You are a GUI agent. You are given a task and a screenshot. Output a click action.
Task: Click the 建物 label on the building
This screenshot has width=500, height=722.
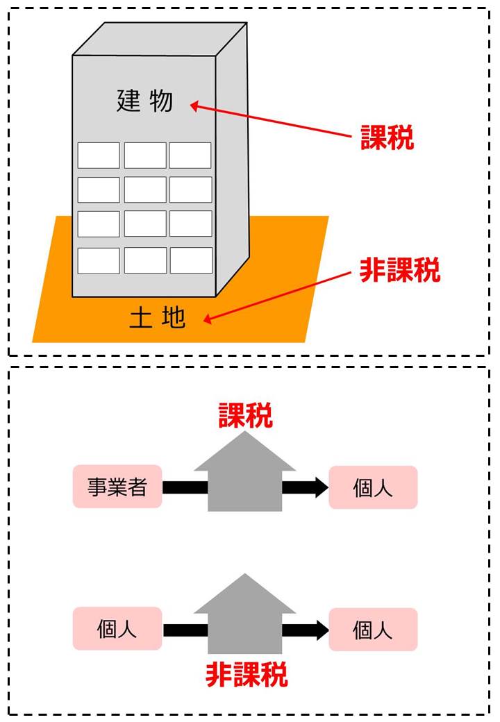click(144, 102)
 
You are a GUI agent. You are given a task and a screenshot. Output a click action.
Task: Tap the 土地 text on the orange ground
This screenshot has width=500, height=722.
click(158, 318)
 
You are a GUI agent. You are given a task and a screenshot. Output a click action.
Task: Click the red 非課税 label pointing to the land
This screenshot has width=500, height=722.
click(399, 271)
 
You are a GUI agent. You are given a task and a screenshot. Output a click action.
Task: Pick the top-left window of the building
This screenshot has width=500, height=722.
click(99, 156)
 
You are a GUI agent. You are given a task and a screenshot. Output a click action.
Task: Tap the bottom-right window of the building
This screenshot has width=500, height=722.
click(191, 260)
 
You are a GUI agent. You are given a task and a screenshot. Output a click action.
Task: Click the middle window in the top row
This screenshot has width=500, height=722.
click(145, 156)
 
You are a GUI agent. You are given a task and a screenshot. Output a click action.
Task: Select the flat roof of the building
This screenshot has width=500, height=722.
click(160, 39)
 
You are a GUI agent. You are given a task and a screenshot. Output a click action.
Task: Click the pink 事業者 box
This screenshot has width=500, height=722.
click(117, 487)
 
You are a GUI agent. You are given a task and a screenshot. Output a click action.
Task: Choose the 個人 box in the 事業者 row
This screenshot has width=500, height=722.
click(373, 487)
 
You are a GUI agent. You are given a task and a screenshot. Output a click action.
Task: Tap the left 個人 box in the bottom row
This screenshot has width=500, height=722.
click(117, 629)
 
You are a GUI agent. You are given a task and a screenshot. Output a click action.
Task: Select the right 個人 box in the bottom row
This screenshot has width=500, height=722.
click(373, 630)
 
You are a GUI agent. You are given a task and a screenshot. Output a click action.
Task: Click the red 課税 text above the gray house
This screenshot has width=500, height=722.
click(245, 416)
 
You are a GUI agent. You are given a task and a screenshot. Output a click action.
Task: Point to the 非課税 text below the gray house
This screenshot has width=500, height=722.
click(247, 674)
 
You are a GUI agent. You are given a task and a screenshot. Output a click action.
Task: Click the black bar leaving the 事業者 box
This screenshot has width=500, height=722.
click(185, 487)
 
